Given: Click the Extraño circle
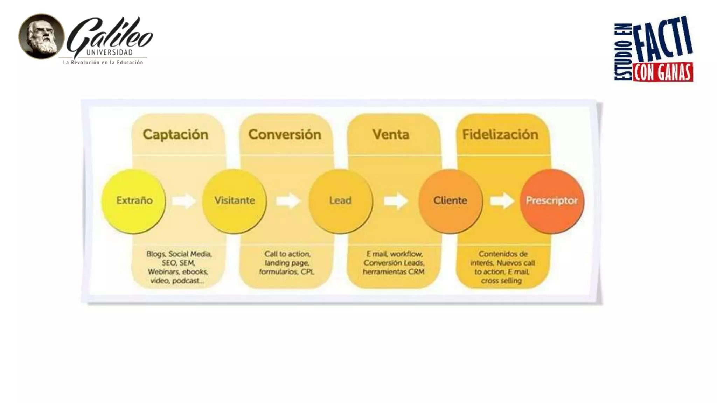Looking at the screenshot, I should [x=134, y=201].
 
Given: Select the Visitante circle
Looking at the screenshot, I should [x=235, y=201].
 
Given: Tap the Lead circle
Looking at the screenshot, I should [x=340, y=201].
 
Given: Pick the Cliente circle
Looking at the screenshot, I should [x=450, y=201].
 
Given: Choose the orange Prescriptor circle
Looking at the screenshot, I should [x=552, y=201].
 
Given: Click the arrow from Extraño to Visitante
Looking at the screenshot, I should [x=184, y=201].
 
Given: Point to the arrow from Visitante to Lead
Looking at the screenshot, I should [x=288, y=201].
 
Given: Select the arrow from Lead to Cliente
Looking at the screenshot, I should [x=396, y=201].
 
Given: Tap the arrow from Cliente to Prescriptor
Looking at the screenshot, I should [x=502, y=201].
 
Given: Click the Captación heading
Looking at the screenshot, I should [x=175, y=135].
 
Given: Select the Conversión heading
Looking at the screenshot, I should [x=285, y=135].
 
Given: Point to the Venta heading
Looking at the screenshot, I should [x=391, y=135].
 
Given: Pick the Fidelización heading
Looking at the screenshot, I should [x=500, y=135].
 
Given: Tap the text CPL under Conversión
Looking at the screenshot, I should [x=307, y=272].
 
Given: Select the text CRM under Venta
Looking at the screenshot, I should [x=416, y=272].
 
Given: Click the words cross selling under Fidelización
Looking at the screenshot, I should [x=501, y=281].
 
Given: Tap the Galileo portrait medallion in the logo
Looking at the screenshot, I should [x=41, y=36].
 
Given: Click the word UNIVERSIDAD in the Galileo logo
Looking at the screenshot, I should [x=110, y=52].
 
